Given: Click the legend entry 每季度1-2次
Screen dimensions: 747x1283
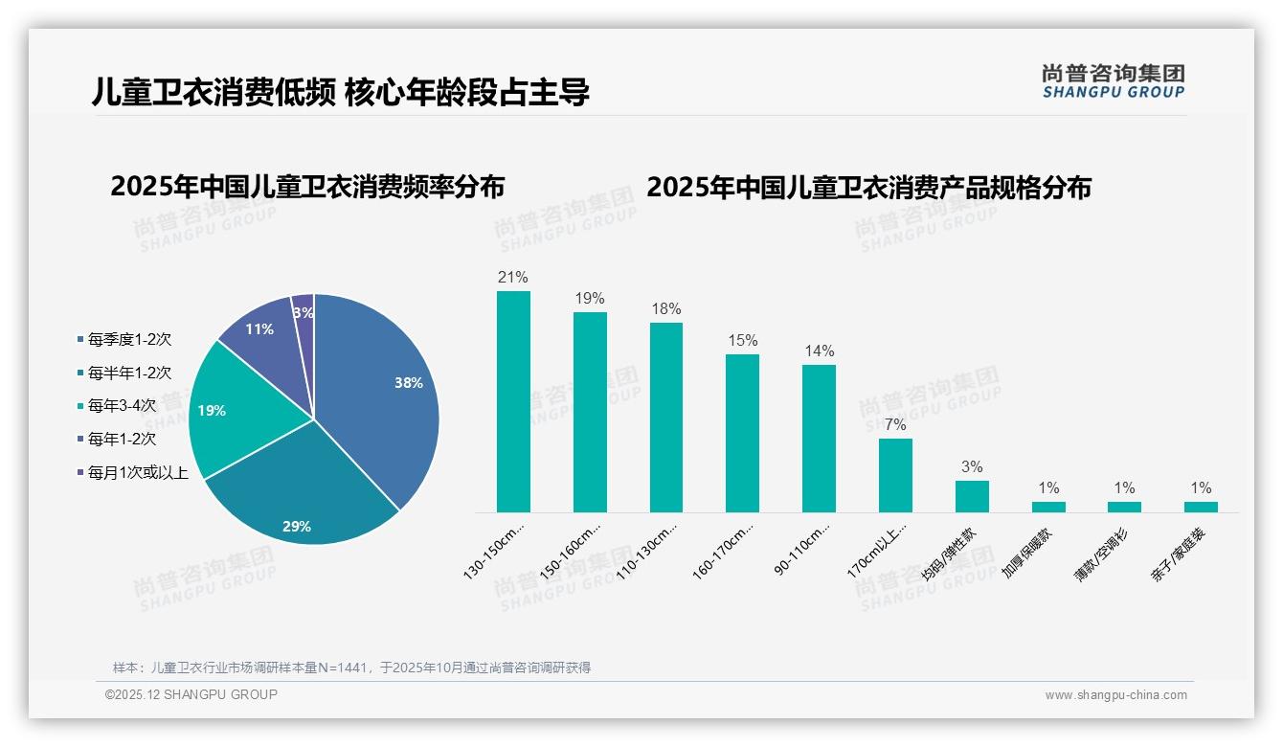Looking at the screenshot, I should point(129,339).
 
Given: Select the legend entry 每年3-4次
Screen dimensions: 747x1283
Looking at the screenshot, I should point(122,405).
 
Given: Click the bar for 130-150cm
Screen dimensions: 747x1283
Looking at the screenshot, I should point(513,401).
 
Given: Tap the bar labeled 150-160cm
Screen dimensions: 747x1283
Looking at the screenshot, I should point(590,412).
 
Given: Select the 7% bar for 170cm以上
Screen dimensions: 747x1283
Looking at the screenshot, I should point(895,475).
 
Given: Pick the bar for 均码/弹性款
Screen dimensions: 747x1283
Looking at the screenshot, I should point(972,496).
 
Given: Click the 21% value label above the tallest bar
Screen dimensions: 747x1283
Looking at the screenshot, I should point(513,278).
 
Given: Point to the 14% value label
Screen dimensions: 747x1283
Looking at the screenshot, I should point(819,351).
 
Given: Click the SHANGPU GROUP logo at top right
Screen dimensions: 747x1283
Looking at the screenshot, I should point(1113,80).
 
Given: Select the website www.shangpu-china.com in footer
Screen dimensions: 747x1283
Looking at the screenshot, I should point(1115,695).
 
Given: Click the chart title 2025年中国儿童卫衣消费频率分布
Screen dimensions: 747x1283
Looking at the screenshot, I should point(307,187).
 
